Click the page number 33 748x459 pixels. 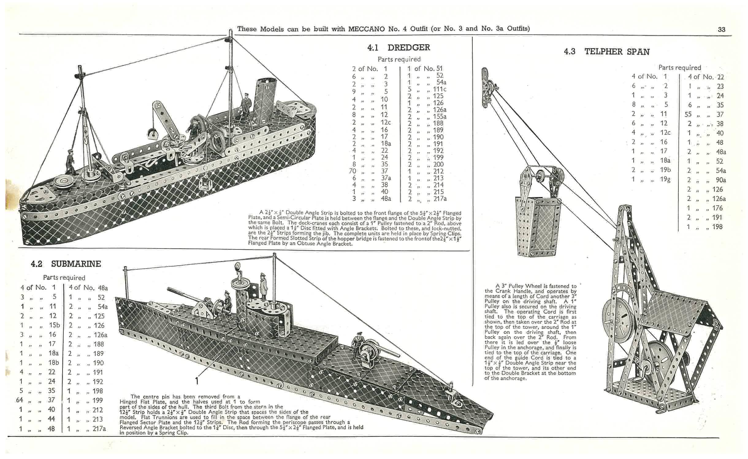pos(721,29)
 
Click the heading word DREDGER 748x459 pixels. pos(409,48)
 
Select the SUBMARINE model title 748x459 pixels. pos(76,264)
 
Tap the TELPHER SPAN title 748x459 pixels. pos(617,52)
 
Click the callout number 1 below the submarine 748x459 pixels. pos(197,380)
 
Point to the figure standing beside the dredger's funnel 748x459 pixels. pos(245,103)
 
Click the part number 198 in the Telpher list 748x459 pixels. pos(717,227)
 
